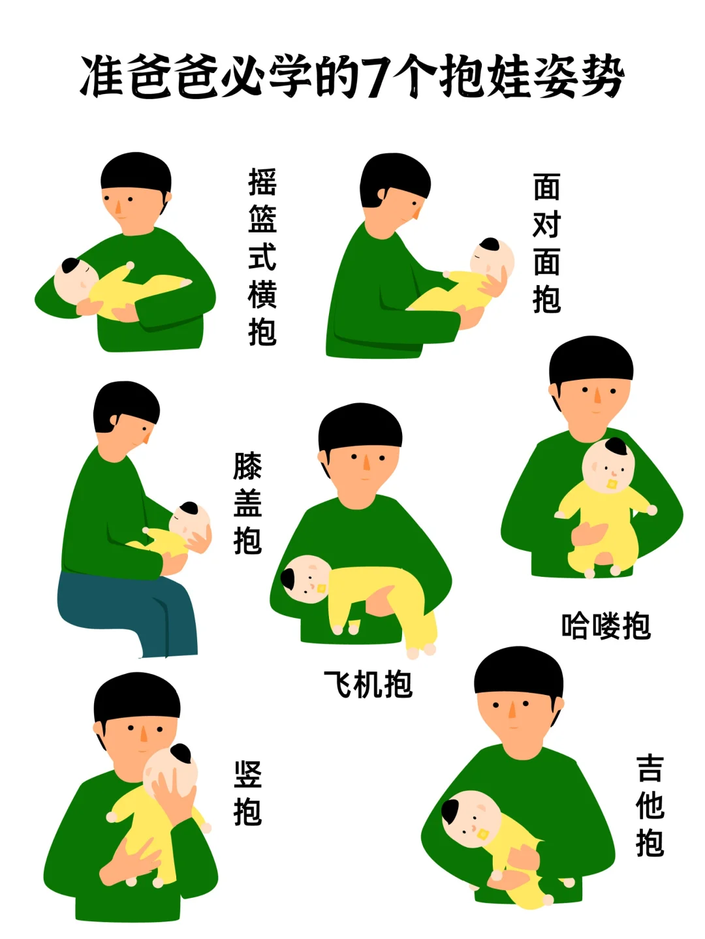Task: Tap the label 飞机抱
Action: click(x=368, y=685)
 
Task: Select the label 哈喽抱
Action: click(x=606, y=626)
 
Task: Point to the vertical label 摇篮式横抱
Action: click(x=262, y=256)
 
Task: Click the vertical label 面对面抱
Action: click(x=546, y=243)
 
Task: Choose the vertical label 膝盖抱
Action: click(x=247, y=503)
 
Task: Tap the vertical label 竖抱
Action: click(x=247, y=793)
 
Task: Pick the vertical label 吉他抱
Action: click(x=650, y=805)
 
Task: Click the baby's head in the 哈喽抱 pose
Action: click(x=607, y=465)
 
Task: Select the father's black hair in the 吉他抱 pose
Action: click(x=518, y=671)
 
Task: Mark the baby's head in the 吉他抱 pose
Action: click(x=469, y=818)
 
